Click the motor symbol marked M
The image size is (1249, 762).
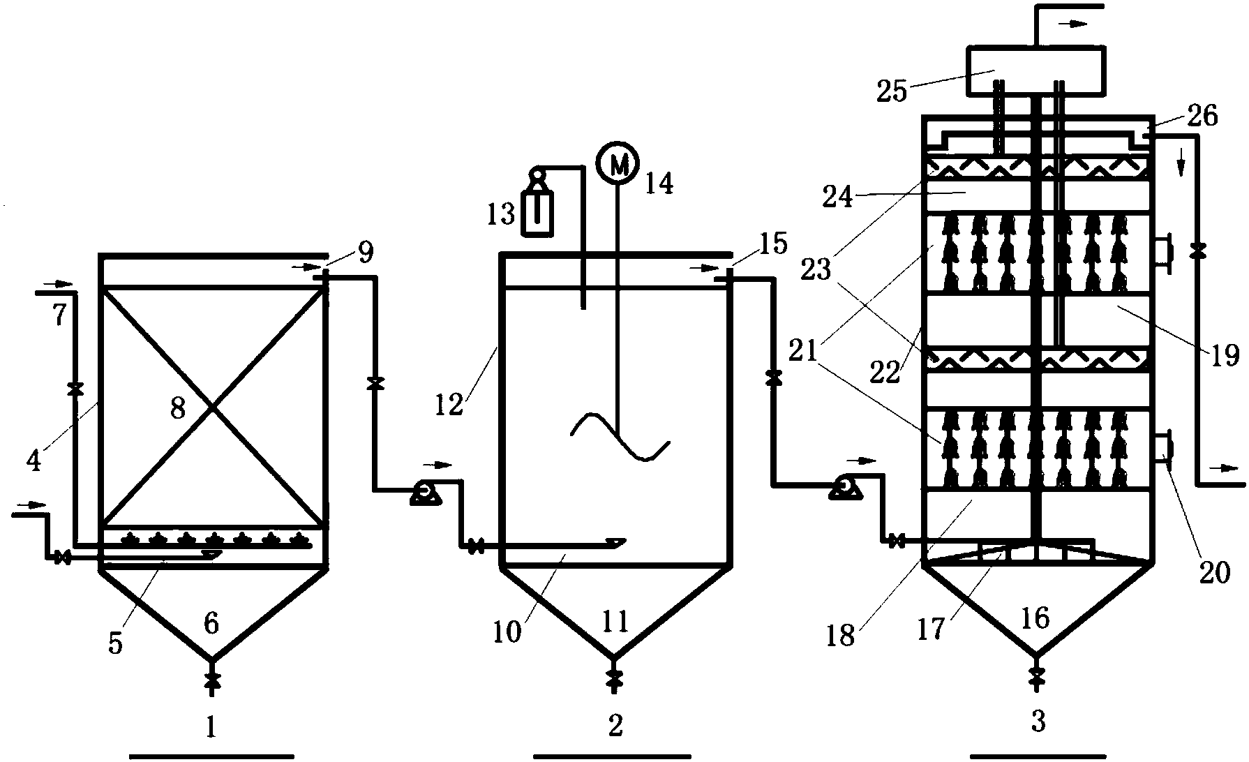pos(618,163)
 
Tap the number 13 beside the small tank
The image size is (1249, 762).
pos(500,214)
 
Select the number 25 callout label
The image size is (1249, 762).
pos(891,91)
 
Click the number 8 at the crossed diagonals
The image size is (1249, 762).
pos(178,408)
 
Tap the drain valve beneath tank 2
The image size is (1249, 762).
pos(614,678)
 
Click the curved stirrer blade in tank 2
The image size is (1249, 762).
pos(620,438)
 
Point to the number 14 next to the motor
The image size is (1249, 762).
pos(658,184)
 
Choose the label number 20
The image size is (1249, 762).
pos(1213,572)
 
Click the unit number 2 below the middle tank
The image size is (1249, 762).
pos(615,726)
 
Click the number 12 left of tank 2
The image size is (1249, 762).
pos(451,404)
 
